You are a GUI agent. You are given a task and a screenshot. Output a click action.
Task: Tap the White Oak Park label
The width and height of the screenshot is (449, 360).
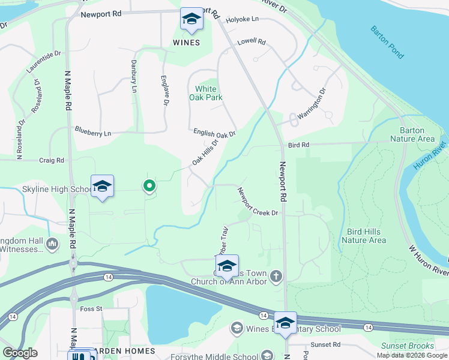pyautogui.click(x=206, y=92)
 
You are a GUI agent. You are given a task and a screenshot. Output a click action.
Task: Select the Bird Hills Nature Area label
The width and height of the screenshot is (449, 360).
pyautogui.click(x=364, y=236)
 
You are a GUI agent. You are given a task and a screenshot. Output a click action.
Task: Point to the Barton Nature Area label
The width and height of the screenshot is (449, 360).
pyautogui.click(x=412, y=134)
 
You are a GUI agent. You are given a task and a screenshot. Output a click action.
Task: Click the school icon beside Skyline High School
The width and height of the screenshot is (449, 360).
pyautogui.click(x=102, y=187)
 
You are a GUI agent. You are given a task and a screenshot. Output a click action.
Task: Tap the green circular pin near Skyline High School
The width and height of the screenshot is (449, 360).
pyautogui.click(x=149, y=187)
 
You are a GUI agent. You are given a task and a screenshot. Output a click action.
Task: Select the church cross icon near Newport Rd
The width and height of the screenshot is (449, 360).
pyautogui.click(x=276, y=276)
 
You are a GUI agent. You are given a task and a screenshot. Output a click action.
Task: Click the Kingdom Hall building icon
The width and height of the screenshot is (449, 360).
pyautogui.click(x=52, y=244)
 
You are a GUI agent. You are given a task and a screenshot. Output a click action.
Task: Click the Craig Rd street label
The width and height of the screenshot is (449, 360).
pyautogui.click(x=52, y=160)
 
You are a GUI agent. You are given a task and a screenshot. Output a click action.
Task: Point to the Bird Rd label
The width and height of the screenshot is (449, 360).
pyautogui.click(x=298, y=145)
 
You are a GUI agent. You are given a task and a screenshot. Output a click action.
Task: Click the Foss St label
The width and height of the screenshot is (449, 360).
pyautogui.click(x=91, y=309)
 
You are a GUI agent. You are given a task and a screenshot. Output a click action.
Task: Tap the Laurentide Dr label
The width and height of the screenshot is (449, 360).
pyautogui.click(x=44, y=62)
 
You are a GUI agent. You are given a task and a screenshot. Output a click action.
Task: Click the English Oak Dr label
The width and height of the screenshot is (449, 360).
pyautogui.click(x=214, y=133)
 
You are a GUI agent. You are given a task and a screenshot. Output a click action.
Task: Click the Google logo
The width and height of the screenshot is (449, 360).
pyautogui.click(x=20, y=353)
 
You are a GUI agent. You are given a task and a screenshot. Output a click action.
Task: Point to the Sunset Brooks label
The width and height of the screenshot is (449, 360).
pyautogui.click(x=408, y=346)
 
